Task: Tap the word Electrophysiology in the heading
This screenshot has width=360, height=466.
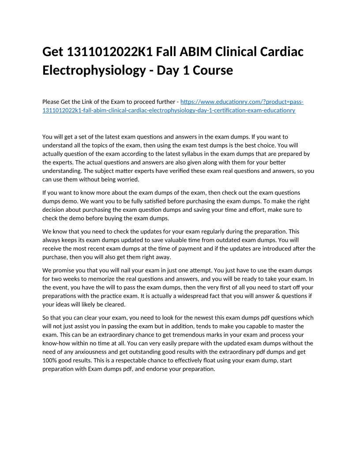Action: pos(90,70)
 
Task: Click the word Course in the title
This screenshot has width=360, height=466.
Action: pos(213,70)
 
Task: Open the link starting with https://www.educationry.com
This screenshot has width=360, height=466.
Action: pos(242,102)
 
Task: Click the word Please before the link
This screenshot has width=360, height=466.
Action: pos(52,102)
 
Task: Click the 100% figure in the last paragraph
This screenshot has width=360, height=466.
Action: pos(50,360)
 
